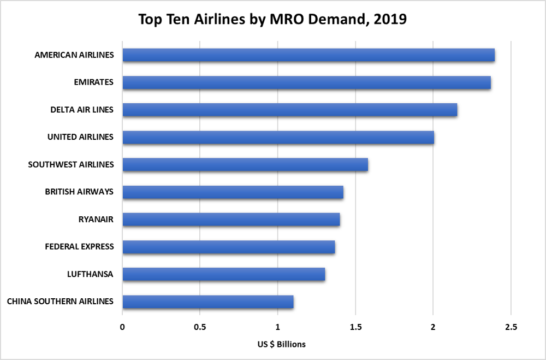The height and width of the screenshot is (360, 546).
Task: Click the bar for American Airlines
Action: click(308, 55)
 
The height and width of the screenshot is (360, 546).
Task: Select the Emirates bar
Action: click(306, 82)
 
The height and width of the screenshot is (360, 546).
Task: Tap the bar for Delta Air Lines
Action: click(289, 110)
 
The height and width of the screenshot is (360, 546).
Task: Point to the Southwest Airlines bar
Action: click(245, 164)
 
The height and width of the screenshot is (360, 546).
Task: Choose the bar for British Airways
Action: click(233, 192)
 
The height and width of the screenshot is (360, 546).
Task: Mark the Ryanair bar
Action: click(231, 219)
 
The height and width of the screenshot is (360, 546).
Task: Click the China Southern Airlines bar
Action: click(208, 302)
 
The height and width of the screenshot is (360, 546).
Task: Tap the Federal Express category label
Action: click(79, 246)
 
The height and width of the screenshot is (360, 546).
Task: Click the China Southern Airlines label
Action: click(60, 302)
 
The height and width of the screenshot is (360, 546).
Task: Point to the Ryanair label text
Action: click(96, 219)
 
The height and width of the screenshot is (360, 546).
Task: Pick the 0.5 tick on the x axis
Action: click(200, 327)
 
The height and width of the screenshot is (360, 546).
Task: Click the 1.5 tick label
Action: click(355, 327)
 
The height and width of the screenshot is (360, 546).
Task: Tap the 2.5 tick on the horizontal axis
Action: click(511, 327)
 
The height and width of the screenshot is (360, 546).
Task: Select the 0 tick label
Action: click(122, 327)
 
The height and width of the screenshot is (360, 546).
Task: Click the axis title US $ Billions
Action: click(282, 344)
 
